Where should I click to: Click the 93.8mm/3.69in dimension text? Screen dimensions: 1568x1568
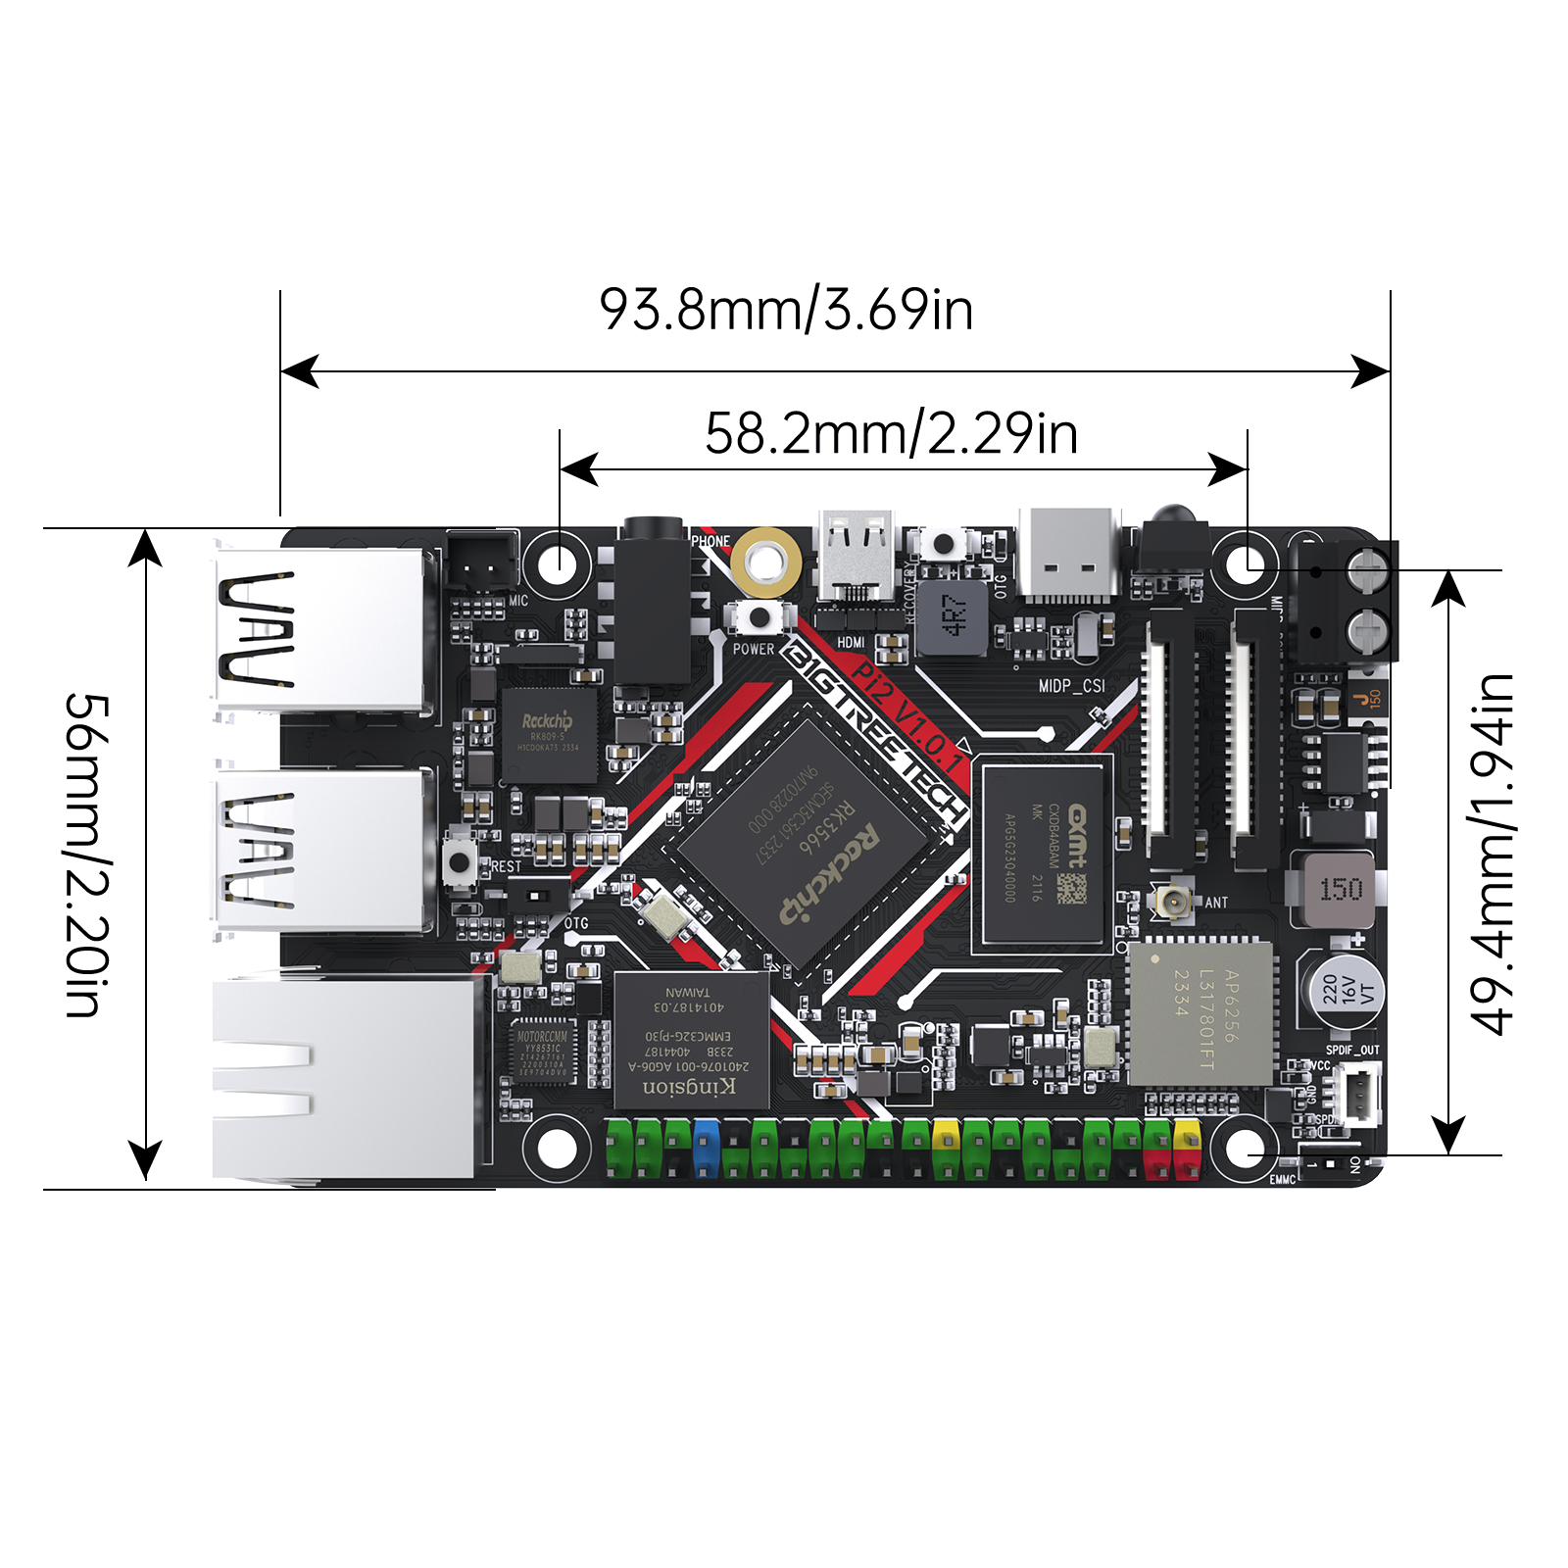[x=786, y=310]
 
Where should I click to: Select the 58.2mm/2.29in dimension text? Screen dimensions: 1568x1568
[x=891, y=433]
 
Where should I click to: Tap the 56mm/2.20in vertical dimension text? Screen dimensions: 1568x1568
[x=88, y=856]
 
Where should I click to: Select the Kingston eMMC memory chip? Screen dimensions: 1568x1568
[x=690, y=1040]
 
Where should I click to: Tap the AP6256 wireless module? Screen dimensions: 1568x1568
[x=1201, y=1014]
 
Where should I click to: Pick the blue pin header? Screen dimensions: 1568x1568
[x=706, y=1148]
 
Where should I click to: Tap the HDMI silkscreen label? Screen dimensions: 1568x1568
[x=851, y=643]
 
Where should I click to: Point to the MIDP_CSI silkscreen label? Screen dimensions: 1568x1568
[x=1071, y=686]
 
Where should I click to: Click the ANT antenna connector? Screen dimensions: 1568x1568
[x=1173, y=900]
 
